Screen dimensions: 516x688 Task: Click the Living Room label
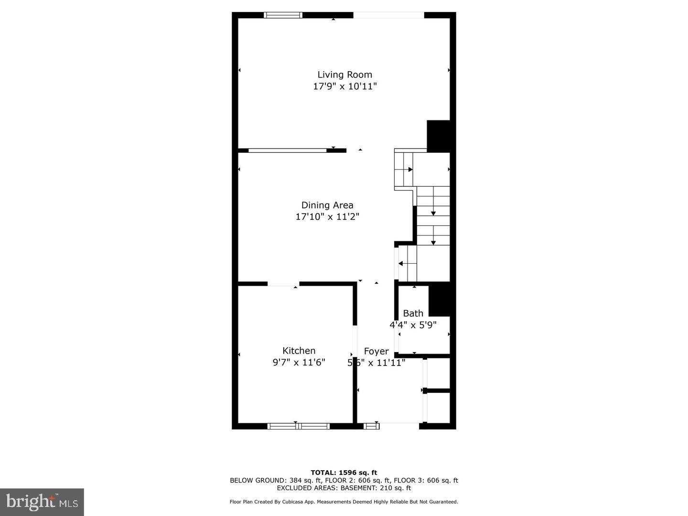(x=344, y=75)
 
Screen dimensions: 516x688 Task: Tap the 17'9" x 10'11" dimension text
(x=344, y=86)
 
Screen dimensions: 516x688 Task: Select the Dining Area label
(x=327, y=205)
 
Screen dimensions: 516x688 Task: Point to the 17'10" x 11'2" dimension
(x=327, y=217)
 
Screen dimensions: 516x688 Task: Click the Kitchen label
(x=299, y=351)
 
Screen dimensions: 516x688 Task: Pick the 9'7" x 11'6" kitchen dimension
(x=299, y=363)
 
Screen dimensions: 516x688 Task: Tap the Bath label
(x=413, y=313)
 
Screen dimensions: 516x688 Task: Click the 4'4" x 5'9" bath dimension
(x=413, y=325)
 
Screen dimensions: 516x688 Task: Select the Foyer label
(x=376, y=351)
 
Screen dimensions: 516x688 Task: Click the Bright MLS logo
(x=42, y=502)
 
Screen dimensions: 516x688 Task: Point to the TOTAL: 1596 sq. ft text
(x=344, y=473)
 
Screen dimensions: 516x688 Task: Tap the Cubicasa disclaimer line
(x=344, y=502)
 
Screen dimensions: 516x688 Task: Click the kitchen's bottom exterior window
(x=299, y=426)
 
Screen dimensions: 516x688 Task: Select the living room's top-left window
(x=283, y=15)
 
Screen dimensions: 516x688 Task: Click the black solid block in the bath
(x=440, y=299)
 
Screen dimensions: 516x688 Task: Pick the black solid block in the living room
(x=438, y=136)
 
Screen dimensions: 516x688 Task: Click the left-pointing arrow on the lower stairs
(x=401, y=263)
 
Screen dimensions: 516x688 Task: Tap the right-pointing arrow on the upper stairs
(x=410, y=169)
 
